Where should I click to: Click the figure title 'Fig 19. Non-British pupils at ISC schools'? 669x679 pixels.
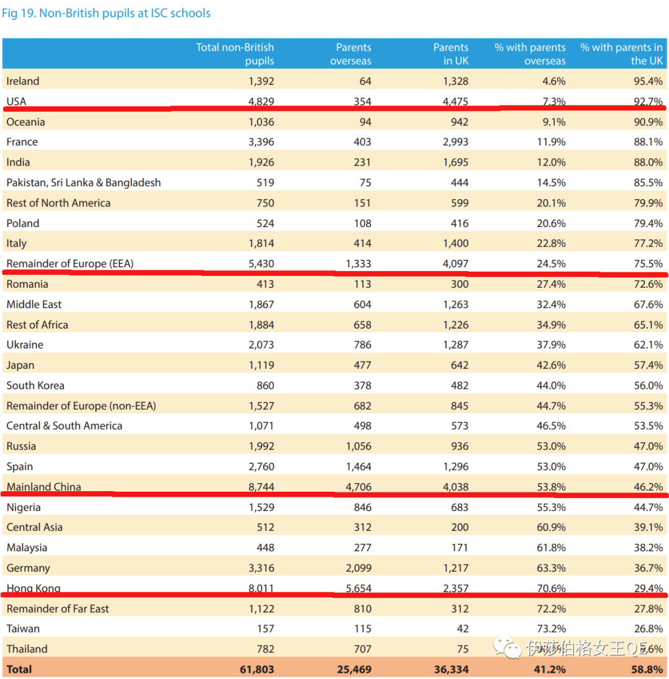click(x=106, y=13)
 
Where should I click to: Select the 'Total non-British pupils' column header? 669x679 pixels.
click(x=235, y=54)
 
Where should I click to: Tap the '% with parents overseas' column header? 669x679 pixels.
click(x=530, y=54)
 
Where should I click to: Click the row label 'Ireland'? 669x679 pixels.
click(x=23, y=81)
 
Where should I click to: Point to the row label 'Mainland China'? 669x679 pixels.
click(x=43, y=487)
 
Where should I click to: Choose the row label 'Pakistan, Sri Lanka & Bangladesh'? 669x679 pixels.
click(x=84, y=183)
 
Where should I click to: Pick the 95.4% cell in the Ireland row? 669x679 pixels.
click(x=647, y=81)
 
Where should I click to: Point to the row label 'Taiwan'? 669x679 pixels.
click(x=23, y=629)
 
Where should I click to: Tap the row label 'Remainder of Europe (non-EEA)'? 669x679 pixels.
click(x=81, y=406)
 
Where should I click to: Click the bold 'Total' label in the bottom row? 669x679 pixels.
click(x=19, y=669)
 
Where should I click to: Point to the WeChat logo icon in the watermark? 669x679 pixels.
click(x=512, y=648)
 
